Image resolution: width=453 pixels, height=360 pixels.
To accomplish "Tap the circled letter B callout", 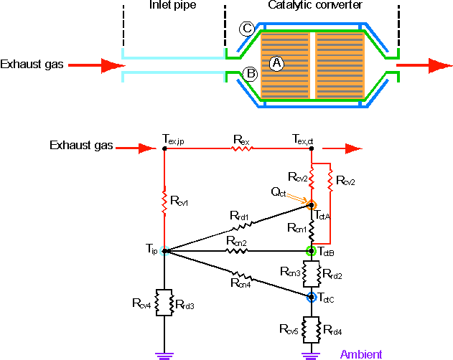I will pos(251,73).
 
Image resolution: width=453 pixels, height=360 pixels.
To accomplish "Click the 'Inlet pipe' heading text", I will pos(172,6).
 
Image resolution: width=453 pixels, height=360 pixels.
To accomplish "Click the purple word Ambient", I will pos(361,354).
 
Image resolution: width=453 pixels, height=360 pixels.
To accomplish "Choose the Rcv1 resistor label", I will pos(180,202).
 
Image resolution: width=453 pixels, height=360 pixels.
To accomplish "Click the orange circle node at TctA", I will pos(312,206).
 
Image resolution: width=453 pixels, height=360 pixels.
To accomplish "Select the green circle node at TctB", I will pos(312,251).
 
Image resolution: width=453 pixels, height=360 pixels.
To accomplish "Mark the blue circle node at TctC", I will pos(312,296).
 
